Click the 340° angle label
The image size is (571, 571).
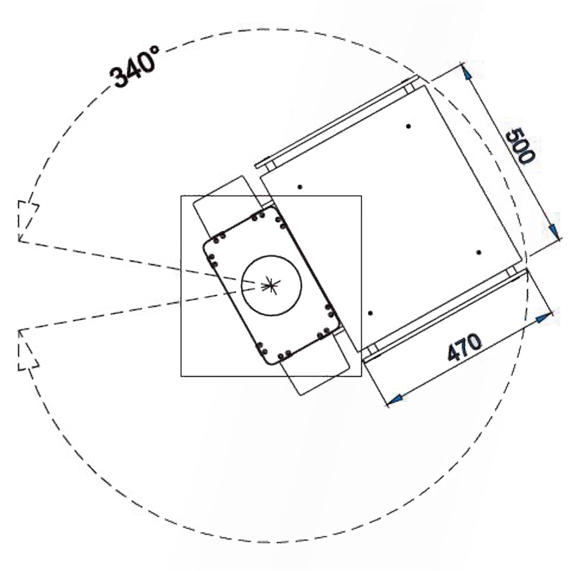pos(135,67)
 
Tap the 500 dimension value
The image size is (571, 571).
pos(521,146)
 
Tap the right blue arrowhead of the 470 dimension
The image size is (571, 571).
pos(544,318)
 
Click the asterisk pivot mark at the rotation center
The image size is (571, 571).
pos(270,285)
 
